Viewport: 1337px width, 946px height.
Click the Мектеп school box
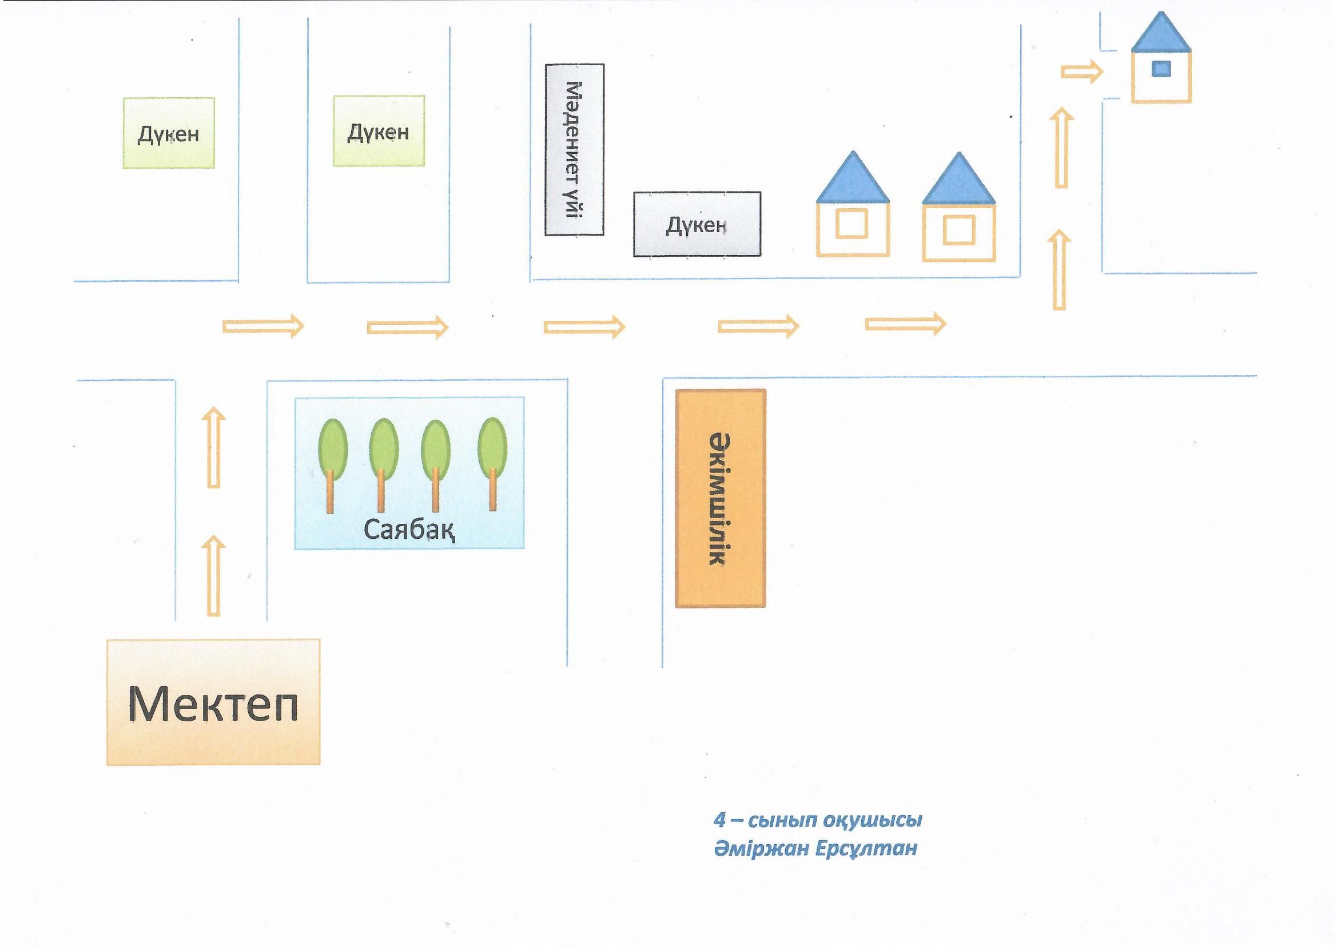point(213,702)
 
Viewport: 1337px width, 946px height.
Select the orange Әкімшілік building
point(721,499)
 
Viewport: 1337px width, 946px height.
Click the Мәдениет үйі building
point(574,150)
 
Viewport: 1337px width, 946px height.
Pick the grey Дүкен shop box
point(697,224)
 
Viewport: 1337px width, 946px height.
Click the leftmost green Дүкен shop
point(169,133)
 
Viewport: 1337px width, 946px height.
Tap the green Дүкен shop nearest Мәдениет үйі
point(379,131)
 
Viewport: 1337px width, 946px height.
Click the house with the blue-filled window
point(1161,64)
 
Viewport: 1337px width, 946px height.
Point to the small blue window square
point(1161,69)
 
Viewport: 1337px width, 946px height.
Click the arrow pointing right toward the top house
point(1082,72)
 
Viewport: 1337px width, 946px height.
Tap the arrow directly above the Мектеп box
point(214,575)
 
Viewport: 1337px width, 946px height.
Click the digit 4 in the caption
point(720,820)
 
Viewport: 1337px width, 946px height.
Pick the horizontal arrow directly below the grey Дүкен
point(758,326)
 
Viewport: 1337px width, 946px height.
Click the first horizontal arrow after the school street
point(263,325)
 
